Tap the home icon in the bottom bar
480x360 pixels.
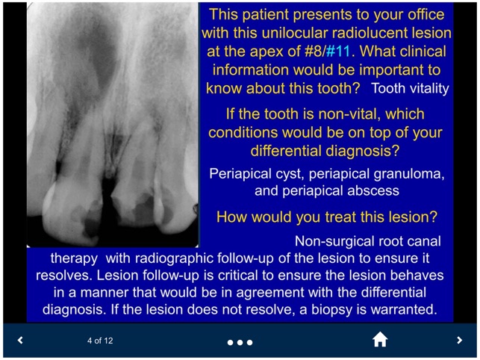point(380,340)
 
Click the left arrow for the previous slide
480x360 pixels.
point(20,341)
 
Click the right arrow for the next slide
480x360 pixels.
point(459,341)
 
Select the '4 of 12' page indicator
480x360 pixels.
point(100,341)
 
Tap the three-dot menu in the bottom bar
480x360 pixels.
point(240,342)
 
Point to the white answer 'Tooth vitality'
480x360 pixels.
point(410,88)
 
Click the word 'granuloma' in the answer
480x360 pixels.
point(412,173)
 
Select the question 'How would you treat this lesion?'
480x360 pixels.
point(326,217)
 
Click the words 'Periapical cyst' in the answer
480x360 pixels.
point(252,173)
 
